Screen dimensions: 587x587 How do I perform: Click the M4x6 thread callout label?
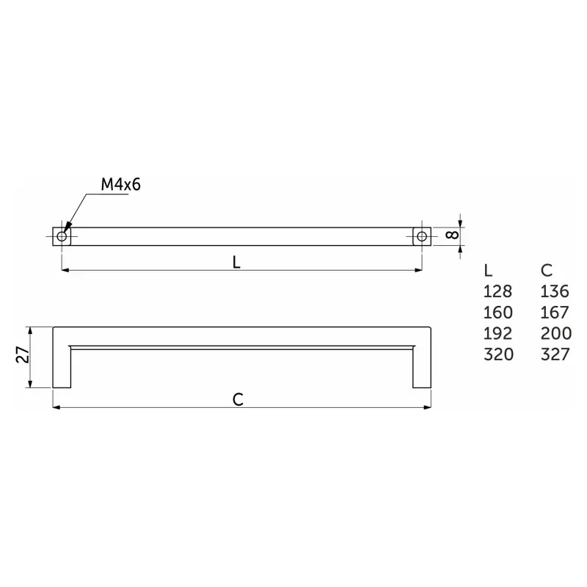point(120,185)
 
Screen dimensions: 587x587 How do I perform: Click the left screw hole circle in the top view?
point(62,236)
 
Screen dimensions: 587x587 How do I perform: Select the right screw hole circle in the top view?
point(421,236)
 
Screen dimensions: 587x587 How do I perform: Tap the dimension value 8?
point(452,235)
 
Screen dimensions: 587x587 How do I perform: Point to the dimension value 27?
point(23,354)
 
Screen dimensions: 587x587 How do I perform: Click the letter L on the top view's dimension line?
point(236,263)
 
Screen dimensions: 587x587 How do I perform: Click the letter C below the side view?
point(238,399)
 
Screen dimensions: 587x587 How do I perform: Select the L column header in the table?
point(488,270)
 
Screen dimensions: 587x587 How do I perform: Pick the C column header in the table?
point(547,270)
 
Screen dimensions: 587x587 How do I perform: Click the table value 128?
point(497,291)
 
